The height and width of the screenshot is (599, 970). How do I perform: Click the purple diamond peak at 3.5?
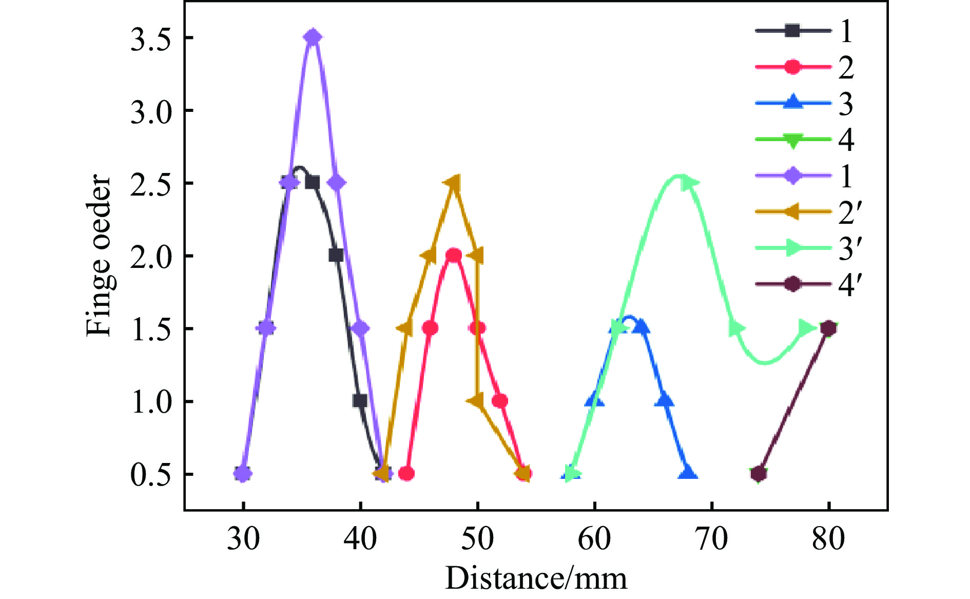click(313, 37)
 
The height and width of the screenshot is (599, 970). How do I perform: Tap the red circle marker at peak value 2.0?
click(454, 255)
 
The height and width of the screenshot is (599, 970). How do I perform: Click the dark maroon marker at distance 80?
click(828, 328)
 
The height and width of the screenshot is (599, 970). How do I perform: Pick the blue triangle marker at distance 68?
click(688, 473)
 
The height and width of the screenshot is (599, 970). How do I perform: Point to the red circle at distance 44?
click(406, 473)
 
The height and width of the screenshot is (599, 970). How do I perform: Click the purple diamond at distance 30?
click(243, 473)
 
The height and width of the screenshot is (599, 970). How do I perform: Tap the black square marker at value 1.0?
click(360, 401)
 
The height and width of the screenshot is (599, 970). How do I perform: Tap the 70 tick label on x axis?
click(712, 539)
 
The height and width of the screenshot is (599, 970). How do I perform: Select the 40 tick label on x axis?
click(360, 539)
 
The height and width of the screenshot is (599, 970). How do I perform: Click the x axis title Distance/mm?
click(536, 578)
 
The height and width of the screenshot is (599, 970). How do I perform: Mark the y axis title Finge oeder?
click(99, 256)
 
